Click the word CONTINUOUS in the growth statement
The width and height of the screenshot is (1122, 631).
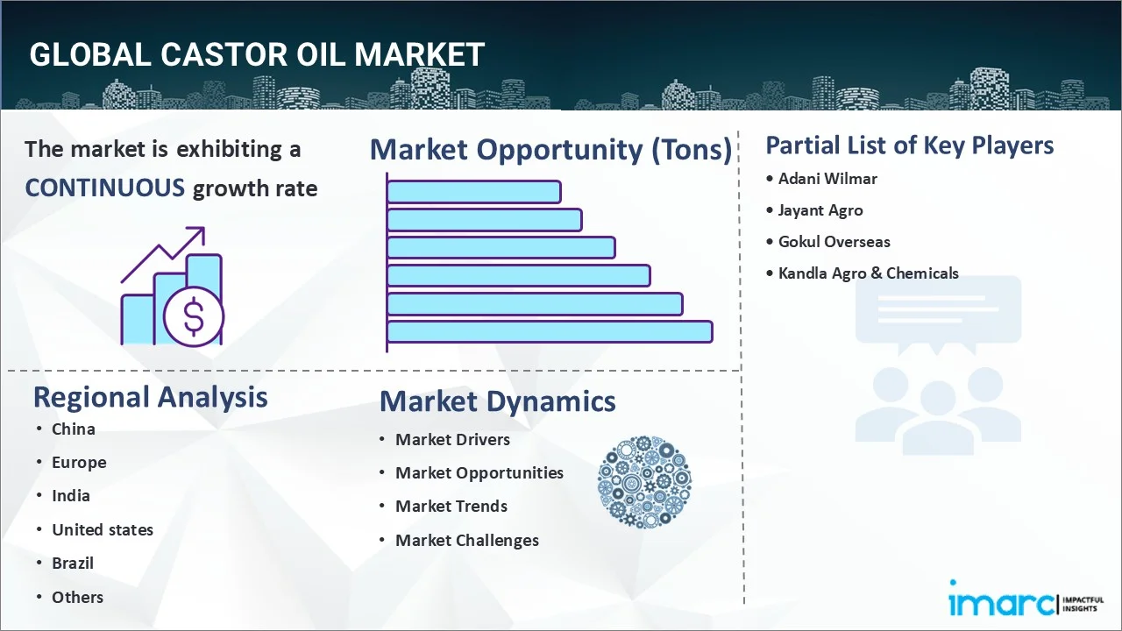pos(105,188)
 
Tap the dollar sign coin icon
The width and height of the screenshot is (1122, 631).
pos(194,316)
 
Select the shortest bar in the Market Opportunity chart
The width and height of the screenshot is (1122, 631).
pos(474,192)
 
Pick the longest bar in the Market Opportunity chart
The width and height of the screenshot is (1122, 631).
pos(550,332)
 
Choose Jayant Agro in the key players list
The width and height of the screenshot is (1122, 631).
pos(820,210)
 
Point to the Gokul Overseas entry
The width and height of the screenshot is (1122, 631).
pos(834,242)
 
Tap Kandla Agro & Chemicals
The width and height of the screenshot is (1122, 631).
pos(868,273)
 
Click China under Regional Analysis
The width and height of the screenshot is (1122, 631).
pos(73,429)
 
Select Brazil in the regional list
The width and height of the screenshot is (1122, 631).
pos(73,564)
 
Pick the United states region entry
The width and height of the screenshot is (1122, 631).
pos(103,530)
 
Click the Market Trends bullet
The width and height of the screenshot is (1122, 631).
pos(451,507)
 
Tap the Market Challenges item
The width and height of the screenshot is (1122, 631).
pos(467,541)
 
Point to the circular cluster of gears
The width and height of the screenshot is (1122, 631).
pos(644,482)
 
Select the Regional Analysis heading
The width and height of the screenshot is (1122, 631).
pos(150,398)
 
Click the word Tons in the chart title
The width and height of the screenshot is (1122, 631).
pos(692,149)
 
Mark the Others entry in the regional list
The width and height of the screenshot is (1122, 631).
pos(78,598)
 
